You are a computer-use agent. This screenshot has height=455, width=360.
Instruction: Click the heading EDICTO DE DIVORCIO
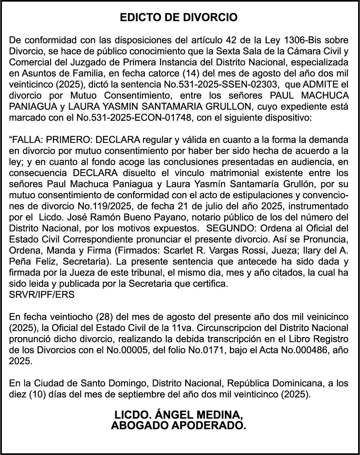point(179,17)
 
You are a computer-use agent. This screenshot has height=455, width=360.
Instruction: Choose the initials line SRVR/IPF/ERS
point(42,295)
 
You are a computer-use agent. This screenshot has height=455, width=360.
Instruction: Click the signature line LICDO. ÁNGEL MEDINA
point(179,415)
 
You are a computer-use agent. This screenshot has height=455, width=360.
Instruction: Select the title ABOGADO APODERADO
point(179,425)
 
